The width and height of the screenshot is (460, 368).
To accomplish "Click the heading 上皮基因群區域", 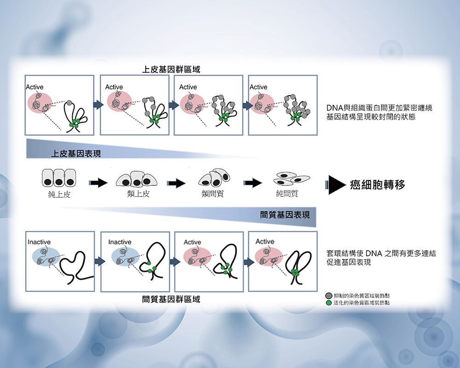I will pyautogui.click(x=171, y=69).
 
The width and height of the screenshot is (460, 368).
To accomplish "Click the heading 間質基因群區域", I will pyautogui.click(x=171, y=299).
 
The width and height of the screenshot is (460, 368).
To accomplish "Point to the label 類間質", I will pyautogui.click(x=213, y=194).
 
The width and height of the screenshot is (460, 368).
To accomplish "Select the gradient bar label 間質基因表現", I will pyautogui.click(x=285, y=215).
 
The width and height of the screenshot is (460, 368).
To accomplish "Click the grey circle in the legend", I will pyautogui.click(x=328, y=295).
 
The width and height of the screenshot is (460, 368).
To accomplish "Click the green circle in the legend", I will pyautogui.click(x=328, y=303).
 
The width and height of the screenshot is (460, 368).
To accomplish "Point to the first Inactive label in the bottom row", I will pyautogui.click(x=39, y=242).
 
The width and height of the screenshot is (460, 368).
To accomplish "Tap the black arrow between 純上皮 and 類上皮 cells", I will pyautogui.click(x=98, y=183).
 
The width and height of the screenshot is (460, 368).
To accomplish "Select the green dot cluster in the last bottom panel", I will pyautogui.click(x=295, y=273).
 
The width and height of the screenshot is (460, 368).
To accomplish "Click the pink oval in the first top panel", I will pyautogui.click(x=40, y=103).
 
